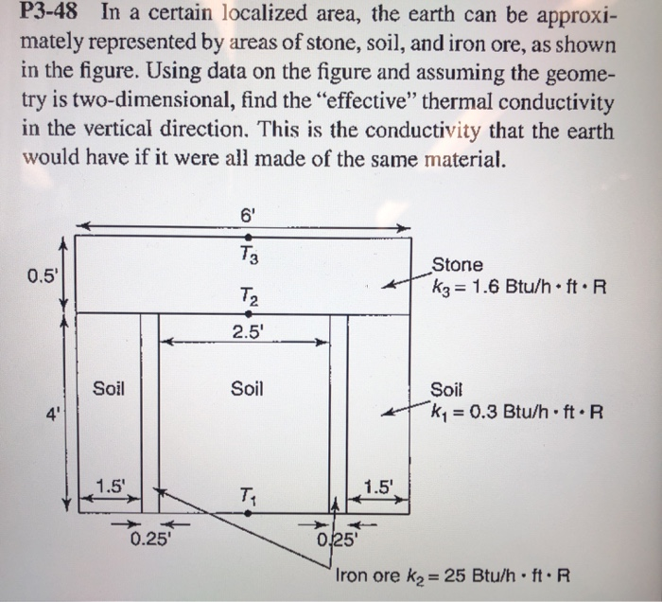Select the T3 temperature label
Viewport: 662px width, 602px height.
pyautogui.click(x=248, y=254)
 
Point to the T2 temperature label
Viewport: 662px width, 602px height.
pyautogui.click(x=248, y=296)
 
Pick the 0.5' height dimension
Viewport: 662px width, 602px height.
pyautogui.click(x=41, y=276)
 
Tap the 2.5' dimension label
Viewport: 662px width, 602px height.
pyautogui.click(x=247, y=330)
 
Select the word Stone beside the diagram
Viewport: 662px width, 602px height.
pyautogui.click(x=457, y=265)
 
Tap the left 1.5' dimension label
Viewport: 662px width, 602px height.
pyautogui.click(x=111, y=487)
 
